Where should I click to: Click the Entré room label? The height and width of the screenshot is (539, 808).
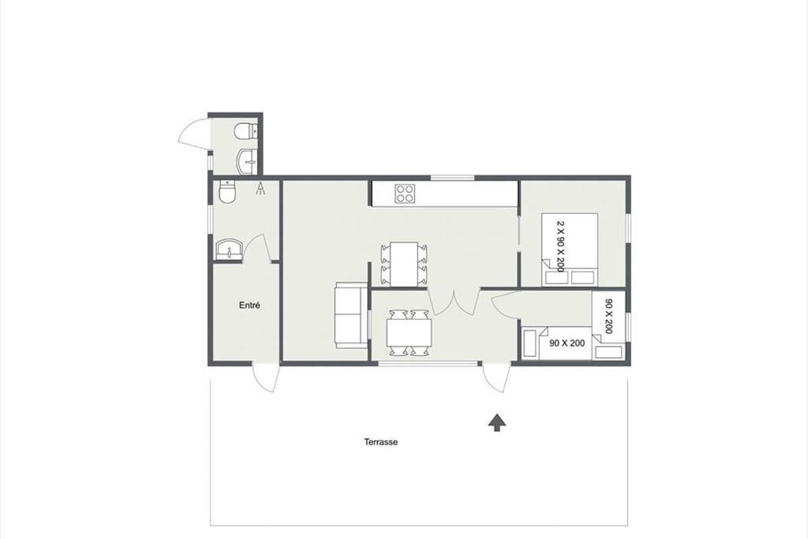250,305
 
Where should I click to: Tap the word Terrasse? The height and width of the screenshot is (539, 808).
381,442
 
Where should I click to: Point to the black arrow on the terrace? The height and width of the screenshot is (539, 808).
497,422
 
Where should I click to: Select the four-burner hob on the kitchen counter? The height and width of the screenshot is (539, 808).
405,194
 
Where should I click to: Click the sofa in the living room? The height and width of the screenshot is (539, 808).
351,315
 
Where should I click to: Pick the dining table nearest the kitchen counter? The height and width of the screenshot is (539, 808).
404,265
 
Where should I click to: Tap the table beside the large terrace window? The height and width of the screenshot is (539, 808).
409,333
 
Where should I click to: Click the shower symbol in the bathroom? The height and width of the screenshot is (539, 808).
261,189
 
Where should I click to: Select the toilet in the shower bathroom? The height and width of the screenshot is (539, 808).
228,192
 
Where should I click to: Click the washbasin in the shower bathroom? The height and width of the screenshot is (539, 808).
229,249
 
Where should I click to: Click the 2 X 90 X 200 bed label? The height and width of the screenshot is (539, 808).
560,247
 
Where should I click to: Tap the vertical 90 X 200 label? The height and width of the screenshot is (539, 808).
609,316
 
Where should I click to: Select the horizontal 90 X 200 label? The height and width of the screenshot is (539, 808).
567,344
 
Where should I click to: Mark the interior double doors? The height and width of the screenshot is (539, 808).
454,302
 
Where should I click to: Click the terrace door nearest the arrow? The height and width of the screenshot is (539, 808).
496,378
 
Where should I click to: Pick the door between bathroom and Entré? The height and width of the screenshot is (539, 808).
257,247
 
